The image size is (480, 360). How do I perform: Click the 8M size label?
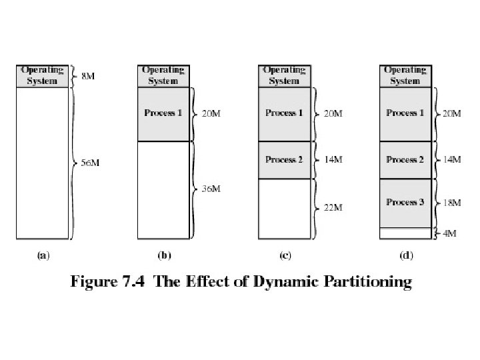tap(88, 76)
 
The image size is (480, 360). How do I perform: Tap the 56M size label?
tap(90, 163)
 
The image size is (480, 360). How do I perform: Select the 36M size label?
tap(211, 189)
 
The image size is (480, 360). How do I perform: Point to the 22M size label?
tap(333, 207)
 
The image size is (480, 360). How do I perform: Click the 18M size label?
tap(452, 203)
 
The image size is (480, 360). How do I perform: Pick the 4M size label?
tap(450, 233)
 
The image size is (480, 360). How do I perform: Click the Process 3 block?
tap(405, 203)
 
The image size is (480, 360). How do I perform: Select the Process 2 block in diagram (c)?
tap(284, 160)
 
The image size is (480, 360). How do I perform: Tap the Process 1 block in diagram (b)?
tap(163, 114)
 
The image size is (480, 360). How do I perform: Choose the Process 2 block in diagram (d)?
tap(405, 160)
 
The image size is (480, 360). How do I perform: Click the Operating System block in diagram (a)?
tap(42, 76)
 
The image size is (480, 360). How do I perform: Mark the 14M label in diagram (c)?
tap(333, 159)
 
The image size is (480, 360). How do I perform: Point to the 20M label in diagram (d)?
tap(452, 113)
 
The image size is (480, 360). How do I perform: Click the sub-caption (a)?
tap(43, 255)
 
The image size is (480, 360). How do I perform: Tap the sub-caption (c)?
tap(285, 255)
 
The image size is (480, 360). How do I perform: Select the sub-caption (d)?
tap(406, 255)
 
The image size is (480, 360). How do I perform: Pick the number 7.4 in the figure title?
tap(133, 281)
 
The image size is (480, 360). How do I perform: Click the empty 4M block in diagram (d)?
tap(405, 233)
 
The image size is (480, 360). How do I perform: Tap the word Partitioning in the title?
tap(367, 281)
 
